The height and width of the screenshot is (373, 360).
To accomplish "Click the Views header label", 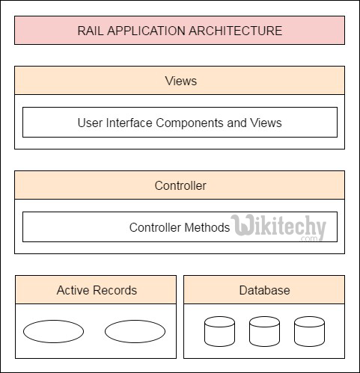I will click(x=180, y=81).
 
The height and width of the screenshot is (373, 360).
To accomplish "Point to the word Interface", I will click(x=127, y=123).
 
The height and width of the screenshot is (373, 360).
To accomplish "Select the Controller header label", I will click(x=180, y=185).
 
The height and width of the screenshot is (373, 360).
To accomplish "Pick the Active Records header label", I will click(x=97, y=290).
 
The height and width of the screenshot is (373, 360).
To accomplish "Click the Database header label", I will click(x=264, y=290).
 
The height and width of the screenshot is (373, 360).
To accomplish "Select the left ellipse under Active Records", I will click(x=53, y=331).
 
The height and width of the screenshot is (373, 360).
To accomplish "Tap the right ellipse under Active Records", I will click(x=134, y=331).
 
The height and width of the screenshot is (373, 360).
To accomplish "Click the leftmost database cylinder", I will click(x=219, y=331).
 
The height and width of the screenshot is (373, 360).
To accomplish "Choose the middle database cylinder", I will click(x=264, y=331).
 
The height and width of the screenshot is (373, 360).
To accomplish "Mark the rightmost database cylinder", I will click(x=309, y=331).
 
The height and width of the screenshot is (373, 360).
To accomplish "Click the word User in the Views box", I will click(x=90, y=123).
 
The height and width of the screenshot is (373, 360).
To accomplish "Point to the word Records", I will click(x=115, y=290).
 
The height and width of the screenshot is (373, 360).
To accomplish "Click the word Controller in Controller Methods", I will click(x=156, y=227).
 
